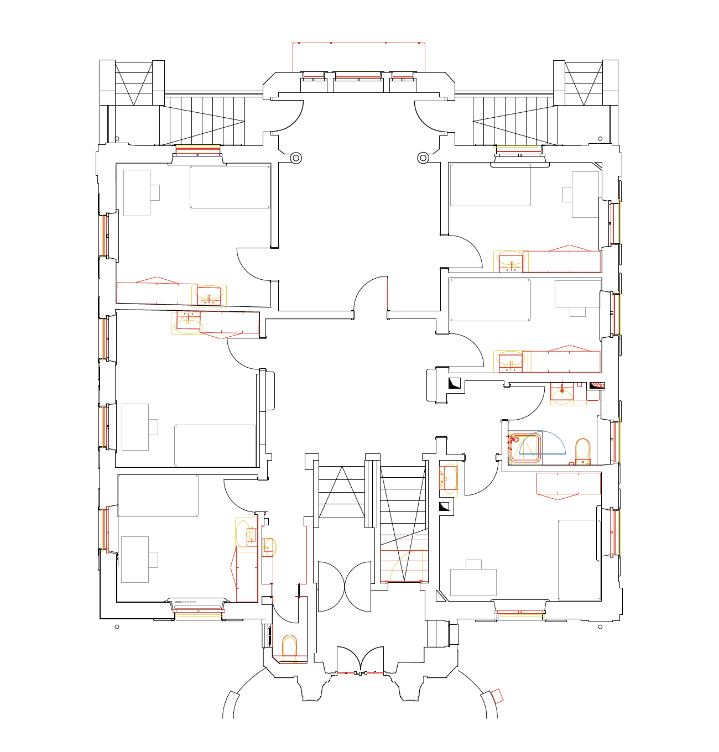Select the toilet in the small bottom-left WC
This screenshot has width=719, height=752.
[289, 648]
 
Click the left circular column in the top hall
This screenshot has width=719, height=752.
[296, 158]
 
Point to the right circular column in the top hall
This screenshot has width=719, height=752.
[423, 158]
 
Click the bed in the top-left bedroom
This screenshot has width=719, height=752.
[230, 187]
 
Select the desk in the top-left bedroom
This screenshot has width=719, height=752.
[137, 192]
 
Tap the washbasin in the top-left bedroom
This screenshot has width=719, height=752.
[209, 296]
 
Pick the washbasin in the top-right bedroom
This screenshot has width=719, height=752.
[510, 262]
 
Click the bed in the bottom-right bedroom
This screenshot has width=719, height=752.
[579, 560]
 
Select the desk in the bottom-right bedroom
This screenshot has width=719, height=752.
[473, 582]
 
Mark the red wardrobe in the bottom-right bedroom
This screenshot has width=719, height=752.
[568, 483]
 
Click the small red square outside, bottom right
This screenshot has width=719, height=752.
[497, 696]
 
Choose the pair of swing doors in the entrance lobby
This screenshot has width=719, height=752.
[344, 587]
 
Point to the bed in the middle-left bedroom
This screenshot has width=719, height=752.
[215, 445]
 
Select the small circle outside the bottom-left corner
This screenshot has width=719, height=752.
[117, 626]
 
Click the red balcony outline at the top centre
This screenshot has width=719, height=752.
[358, 43]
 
